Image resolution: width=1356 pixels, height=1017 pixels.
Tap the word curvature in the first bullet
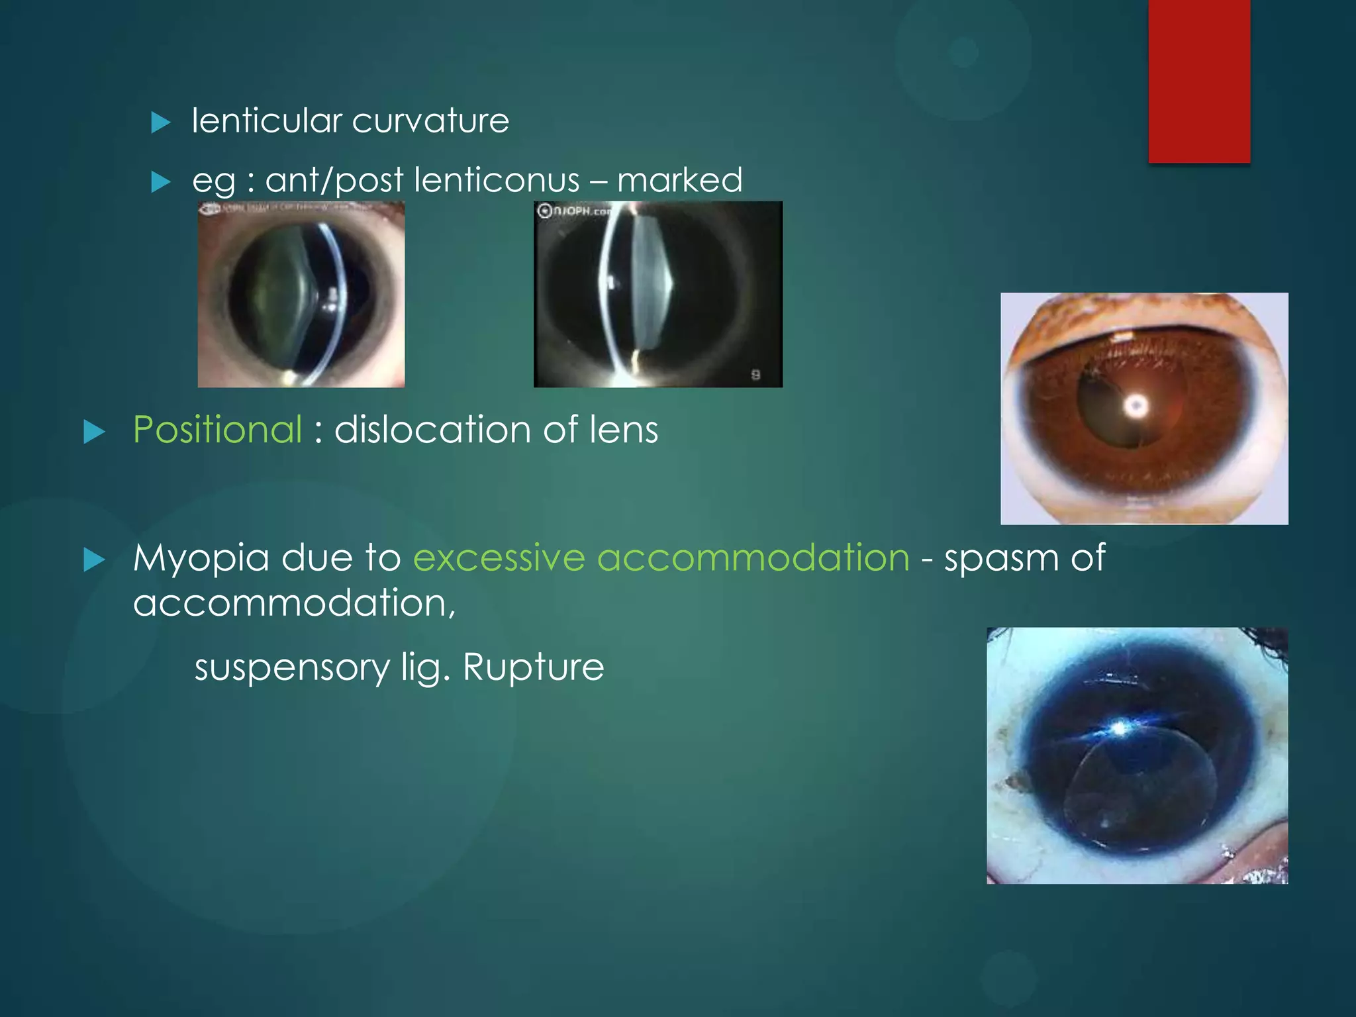point(430,121)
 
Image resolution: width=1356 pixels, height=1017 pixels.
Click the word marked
point(679,180)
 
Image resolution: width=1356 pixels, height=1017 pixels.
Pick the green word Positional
point(218,430)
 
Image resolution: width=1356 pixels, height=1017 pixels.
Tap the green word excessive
point(499,558)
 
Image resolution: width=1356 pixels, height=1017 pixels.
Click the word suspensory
point(292,667)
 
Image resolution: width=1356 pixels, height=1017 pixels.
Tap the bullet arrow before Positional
point(95,432)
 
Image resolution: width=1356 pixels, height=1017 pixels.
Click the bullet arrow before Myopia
point(95,560)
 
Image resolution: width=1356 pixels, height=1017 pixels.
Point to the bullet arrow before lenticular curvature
point(161,122)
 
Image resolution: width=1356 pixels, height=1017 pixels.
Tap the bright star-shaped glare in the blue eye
point(1119,729)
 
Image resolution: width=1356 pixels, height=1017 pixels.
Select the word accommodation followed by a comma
point(294,603)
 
